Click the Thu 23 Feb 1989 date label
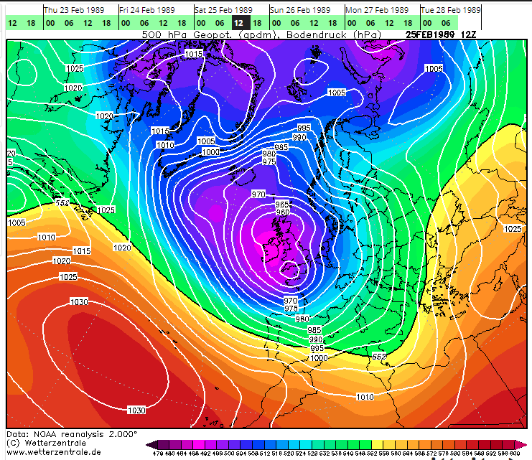point(72,10)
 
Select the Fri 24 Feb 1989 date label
point(147,10)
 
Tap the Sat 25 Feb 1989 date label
point(223,10)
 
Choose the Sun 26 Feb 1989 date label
point(300,10)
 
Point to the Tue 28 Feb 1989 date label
point(451,10)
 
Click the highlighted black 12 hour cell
point(238,23)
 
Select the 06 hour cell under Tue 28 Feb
point(446,23)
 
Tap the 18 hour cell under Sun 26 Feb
point(332,23)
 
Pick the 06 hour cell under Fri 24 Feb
point(144,23)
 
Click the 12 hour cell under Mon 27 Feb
point(389,23)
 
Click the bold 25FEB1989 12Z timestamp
point(440,34)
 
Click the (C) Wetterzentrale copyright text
point(49,443)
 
